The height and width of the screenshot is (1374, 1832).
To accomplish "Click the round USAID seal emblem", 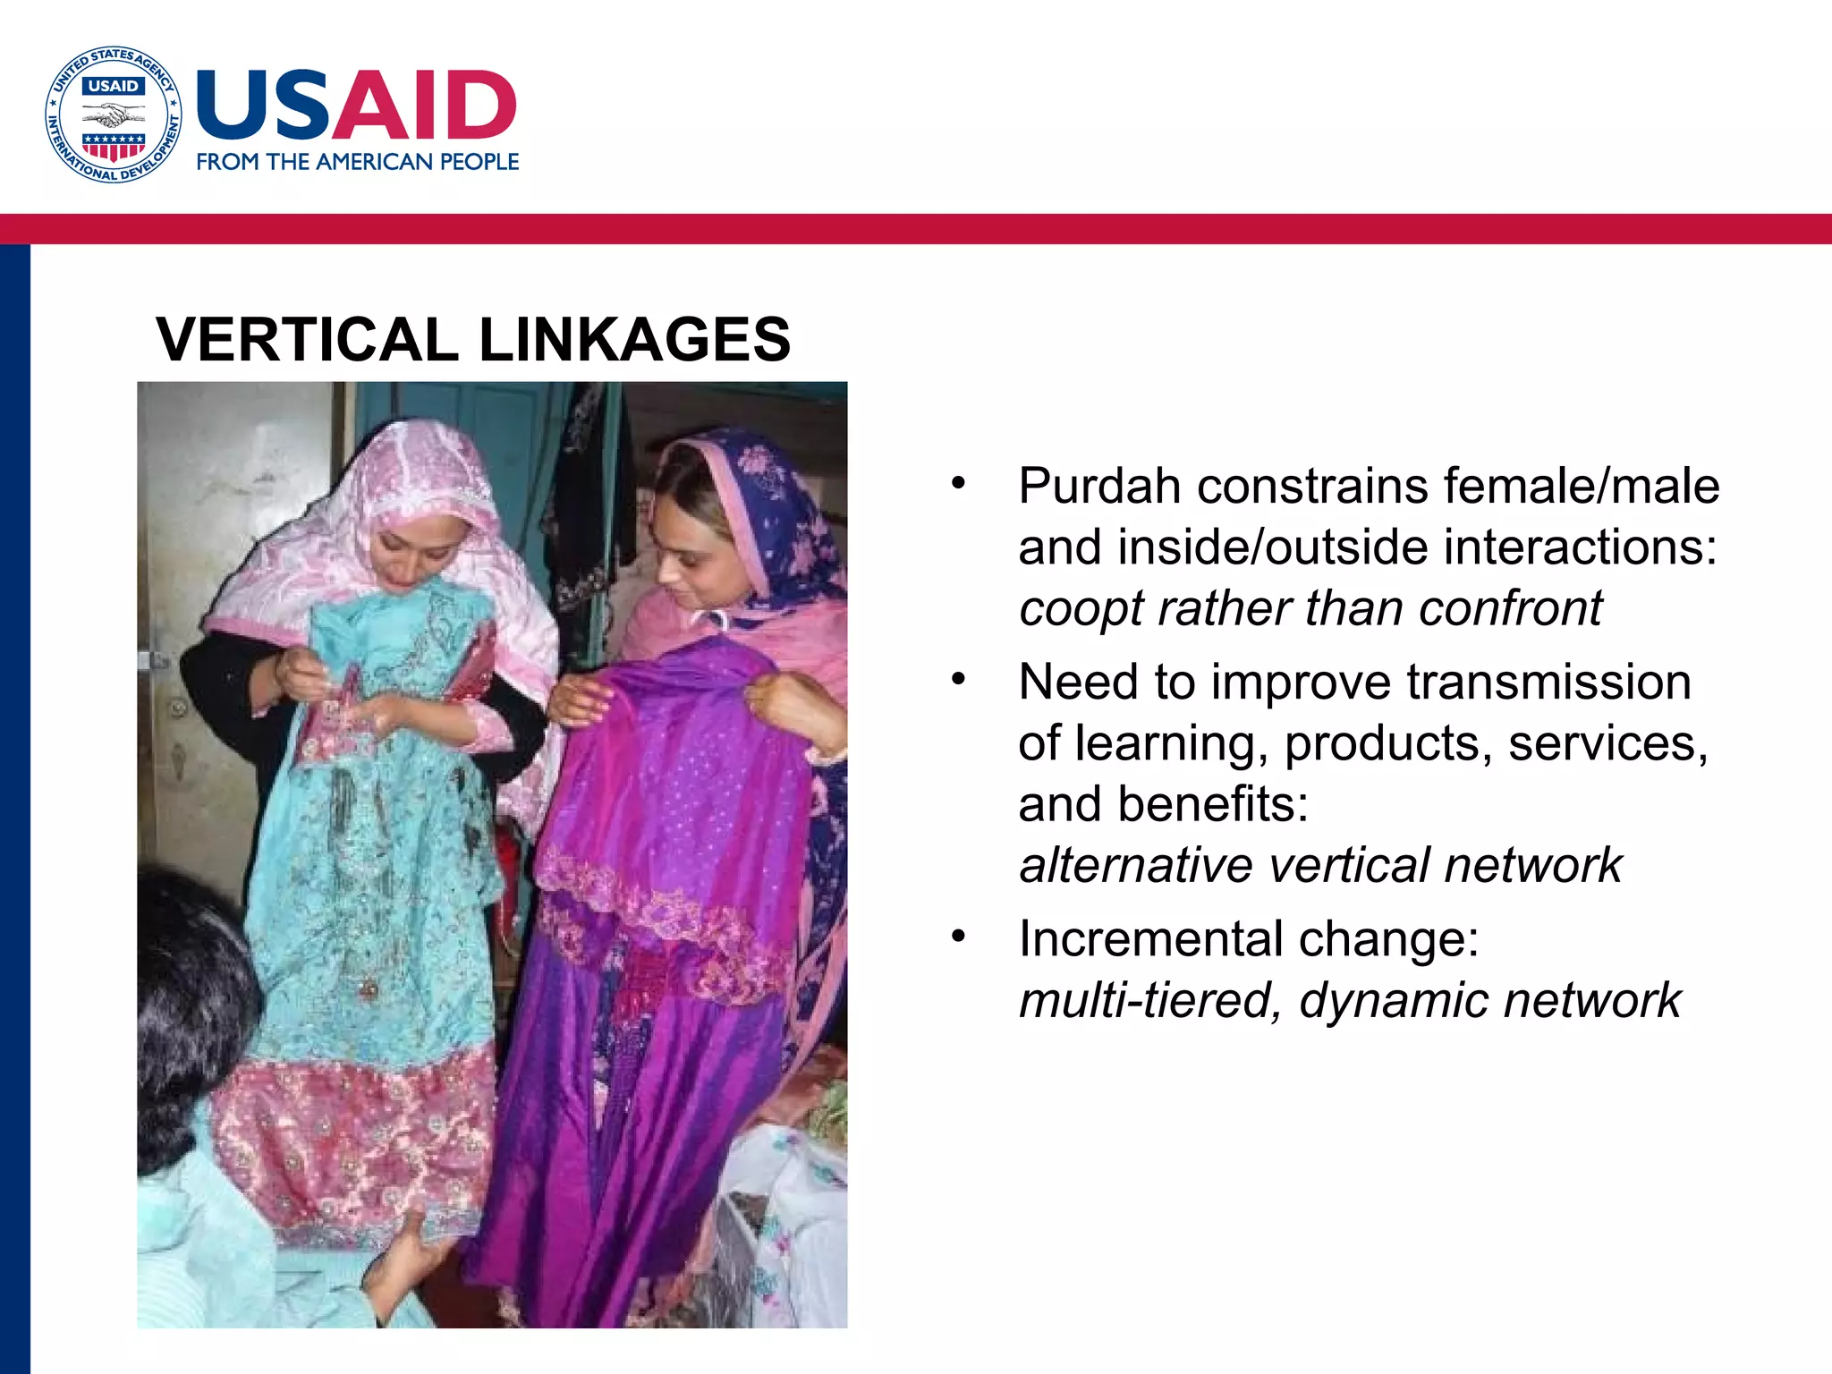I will [114, 114].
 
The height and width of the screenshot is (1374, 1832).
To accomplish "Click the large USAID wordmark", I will [356, 105].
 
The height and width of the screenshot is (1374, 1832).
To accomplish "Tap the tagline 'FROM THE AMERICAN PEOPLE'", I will [357, 162].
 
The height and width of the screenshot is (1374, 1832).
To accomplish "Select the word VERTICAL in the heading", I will [307, 340].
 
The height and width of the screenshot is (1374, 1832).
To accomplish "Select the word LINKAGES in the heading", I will [634, 340].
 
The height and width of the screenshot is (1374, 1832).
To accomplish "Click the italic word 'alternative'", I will [1136, 866].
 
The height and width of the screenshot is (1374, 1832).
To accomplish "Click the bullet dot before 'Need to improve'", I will [959, 679].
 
